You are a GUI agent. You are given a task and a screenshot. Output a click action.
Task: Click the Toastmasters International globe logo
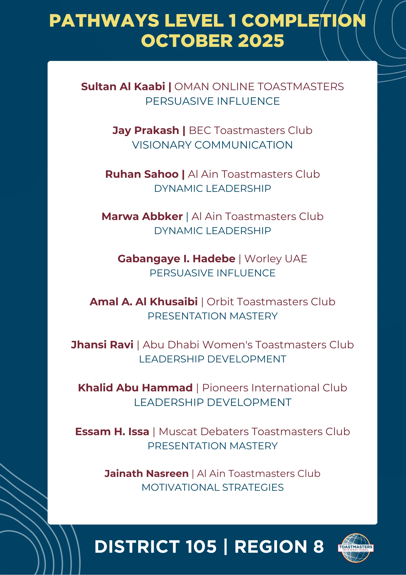click(x=356, y=548)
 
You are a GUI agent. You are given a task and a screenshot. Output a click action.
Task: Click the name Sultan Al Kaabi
click(x=123, y=87)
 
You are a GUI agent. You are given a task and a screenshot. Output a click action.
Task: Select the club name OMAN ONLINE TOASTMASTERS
click(x=259, y=87)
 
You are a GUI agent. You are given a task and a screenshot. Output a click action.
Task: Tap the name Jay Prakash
click(x=146, y=130)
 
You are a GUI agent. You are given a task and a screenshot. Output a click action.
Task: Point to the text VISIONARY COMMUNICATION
click(x=212, y=145)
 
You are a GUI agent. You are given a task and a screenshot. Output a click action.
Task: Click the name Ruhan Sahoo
click(x=142, y=174)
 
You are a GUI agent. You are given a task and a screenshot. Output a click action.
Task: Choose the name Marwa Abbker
click(x=142, y=216)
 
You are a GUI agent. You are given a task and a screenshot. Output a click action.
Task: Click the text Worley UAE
click(x=276, y=259)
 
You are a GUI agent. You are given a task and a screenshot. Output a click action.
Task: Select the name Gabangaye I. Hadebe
click(x=176, y=259)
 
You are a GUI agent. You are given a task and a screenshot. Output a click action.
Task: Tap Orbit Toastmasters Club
click(x=271, y=302)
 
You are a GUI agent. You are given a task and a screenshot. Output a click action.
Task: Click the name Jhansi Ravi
click(x=102, y=345)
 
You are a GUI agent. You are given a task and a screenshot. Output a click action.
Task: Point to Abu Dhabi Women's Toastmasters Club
click(x=248, y=345)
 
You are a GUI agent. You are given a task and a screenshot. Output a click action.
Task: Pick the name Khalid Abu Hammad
click(x=135, y=388)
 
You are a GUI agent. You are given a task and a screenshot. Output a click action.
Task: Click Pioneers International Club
click(x=275, y=388)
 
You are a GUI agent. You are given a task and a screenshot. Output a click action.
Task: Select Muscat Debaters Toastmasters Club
click(x=254, y=432)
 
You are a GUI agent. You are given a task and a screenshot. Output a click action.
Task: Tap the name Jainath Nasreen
click(x=146, y=474)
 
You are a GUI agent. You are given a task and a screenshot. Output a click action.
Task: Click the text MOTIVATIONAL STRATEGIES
click(x=213, y=487)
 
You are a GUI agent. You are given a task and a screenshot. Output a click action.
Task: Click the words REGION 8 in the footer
click(x=279, y=547)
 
